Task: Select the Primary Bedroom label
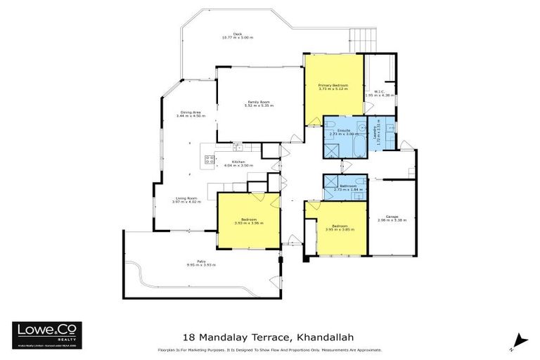(333, 85)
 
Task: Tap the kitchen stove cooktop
(209, 159)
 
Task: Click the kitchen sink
(238, 148)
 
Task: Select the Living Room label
(188, 198)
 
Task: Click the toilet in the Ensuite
(360, 127)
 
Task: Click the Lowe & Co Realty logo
(47, 335)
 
